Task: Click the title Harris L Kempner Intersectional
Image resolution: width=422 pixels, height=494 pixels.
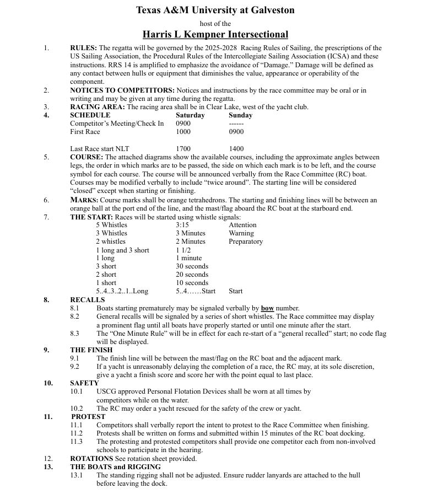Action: [215, 34]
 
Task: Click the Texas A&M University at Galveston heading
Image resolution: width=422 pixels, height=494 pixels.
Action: [215, 10]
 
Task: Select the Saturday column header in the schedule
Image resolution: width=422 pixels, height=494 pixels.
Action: [190, 115]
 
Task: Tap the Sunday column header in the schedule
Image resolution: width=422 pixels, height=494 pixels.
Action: [240, 115]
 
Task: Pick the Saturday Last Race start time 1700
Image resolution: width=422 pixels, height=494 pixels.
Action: [183, 149]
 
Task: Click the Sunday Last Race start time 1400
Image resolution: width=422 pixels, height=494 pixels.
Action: [236, 149]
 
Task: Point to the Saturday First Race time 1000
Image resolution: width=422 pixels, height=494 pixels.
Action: [183, 132]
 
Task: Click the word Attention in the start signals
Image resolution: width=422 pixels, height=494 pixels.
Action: [242, 225]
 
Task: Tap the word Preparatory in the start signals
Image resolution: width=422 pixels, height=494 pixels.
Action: [246, 241]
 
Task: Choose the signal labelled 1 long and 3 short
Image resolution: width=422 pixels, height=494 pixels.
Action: [122, 250]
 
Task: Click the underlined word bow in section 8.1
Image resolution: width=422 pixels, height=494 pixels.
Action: [267, 308]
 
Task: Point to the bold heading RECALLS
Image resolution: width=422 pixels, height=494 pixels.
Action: [87, 300]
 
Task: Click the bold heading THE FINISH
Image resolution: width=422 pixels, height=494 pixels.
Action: [91, 350]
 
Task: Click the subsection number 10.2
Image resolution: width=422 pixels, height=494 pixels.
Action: [77, 409]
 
